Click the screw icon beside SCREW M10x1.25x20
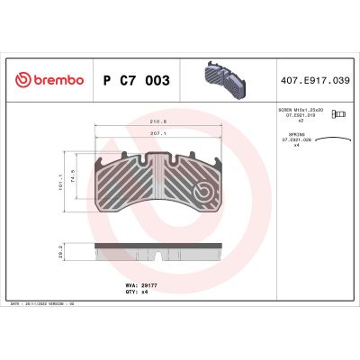[x=339, y=113]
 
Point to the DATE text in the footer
[x=13, y=304]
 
